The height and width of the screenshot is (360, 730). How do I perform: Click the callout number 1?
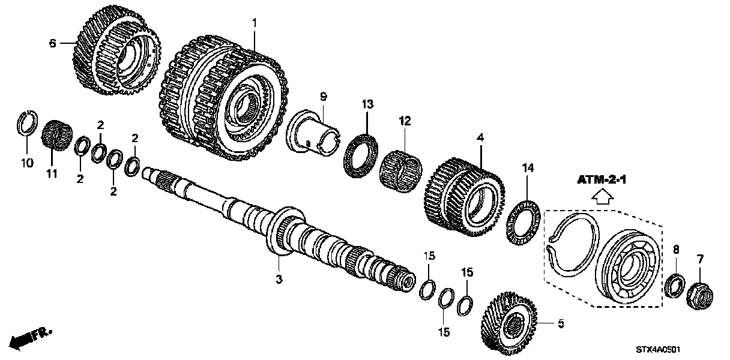tap(254, 22)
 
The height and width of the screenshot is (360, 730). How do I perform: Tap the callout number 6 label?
tap(52, 43)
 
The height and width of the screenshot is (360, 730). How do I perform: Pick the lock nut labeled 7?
tap(698, 294)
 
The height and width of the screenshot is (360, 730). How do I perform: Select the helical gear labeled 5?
tap(510, 325)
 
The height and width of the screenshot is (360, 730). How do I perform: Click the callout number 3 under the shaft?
tap(279, 279)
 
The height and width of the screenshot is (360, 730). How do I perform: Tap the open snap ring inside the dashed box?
tap(573, 245)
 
